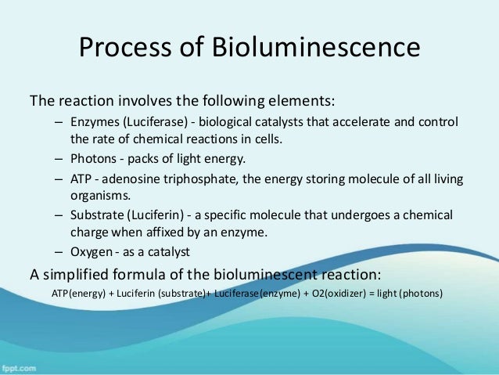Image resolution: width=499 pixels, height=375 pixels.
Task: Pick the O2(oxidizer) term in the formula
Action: (x=330, y=294)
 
